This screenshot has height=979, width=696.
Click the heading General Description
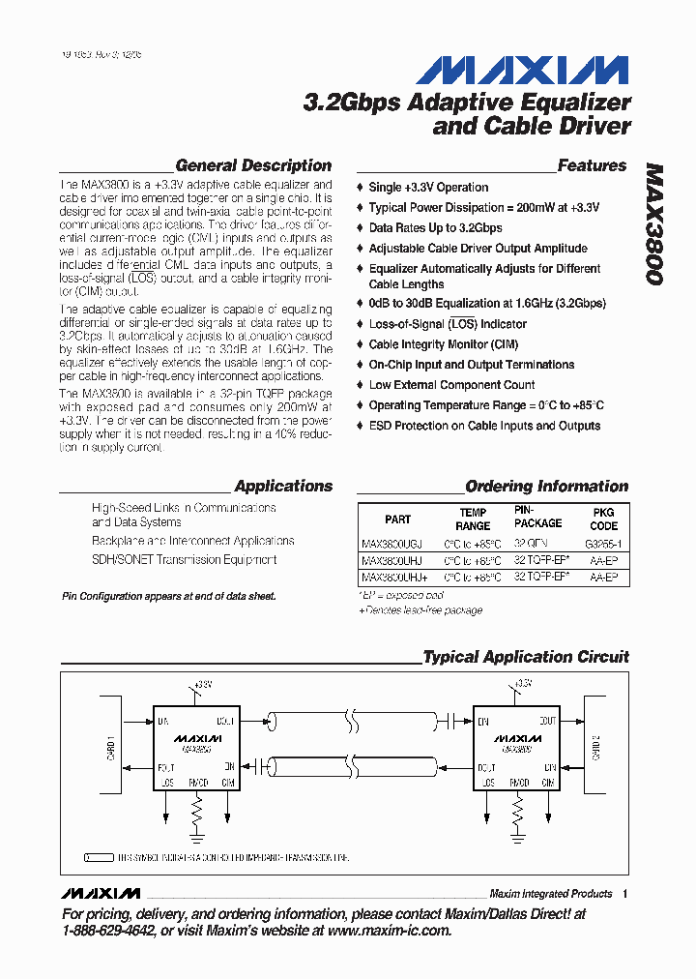[253, 165]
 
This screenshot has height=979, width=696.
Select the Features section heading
[592, 165]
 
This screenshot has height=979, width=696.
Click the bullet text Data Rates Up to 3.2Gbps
[435, 228]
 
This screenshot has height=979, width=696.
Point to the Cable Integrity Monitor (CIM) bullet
[444, 344]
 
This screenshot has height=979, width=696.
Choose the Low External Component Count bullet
[451, 385]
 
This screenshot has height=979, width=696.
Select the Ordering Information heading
[546, 487]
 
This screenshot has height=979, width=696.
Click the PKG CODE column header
[603, 519]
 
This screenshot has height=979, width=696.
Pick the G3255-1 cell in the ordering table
[603, 545]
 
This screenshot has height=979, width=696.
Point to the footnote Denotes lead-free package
[422, 610]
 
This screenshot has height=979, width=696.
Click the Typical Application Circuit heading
[526, 657]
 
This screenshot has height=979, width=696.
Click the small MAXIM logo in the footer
[100, 893]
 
